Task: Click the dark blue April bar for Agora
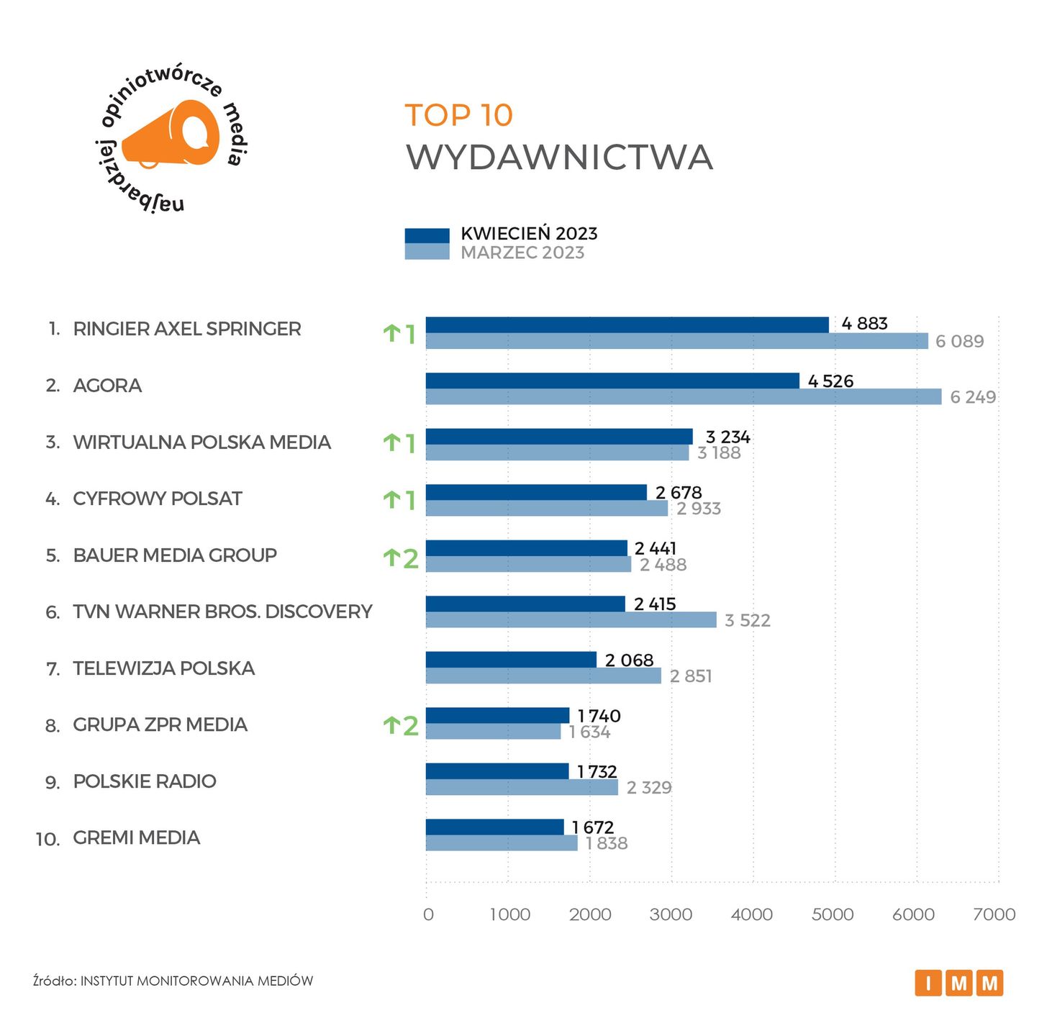(x=612, y=381)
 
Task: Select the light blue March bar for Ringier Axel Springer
(x=676, y=341)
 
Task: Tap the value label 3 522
(x=747, y=620)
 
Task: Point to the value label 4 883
(x=864, y=324)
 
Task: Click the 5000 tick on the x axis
(x=833, y=914)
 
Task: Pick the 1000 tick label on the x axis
(x=509, y=914)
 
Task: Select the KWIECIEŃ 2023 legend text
(x=529, y=234)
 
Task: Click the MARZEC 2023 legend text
(x=522, y=253)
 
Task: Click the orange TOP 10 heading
(x=458, y=115)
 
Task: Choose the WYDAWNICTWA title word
(x=559, y=158)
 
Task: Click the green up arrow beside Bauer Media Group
(x=391, y=558)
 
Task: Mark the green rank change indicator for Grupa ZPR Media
(x=400, y=725)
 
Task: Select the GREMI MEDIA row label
(x=136, y=837)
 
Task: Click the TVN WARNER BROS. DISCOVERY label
(x=222, y=612)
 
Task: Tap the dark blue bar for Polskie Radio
(x=496, y=771)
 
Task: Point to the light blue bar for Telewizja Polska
(x=543, y=676)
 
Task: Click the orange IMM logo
(x=958, y=983)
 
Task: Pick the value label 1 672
(x=593, y=827)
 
